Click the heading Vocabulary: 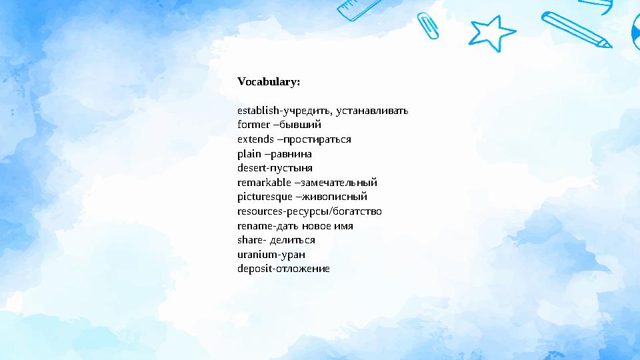269,82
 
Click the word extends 255,139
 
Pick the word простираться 316,139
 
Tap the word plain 249,153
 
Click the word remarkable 264,182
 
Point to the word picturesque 265,197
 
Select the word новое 323,225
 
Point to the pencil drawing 577,30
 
